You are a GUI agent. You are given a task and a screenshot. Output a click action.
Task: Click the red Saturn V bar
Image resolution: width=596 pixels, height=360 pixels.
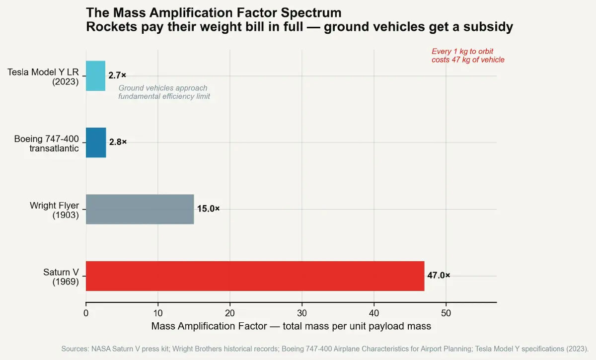(255, 276)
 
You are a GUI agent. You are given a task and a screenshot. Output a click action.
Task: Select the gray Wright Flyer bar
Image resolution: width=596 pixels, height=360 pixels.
(140, 209)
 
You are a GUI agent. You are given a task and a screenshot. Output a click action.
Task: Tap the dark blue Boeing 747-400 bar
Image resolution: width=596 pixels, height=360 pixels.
(96, 143)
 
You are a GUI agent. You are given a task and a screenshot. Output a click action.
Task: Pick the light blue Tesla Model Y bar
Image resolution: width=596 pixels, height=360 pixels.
(95, 75)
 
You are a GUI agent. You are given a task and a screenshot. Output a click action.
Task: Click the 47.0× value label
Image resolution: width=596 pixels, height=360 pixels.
(439, 276)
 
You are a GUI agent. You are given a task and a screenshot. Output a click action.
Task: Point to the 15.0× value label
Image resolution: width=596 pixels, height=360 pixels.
(208, 209)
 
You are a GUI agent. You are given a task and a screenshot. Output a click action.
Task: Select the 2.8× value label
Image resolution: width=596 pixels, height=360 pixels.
(118, 143)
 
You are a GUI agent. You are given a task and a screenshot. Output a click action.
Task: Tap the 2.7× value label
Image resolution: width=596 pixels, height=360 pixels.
(117, 75)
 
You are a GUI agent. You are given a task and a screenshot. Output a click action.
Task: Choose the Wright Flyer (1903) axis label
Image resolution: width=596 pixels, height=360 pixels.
(54, 210)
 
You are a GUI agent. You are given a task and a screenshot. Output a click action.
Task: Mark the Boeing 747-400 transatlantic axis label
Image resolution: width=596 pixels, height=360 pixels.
(46, 144)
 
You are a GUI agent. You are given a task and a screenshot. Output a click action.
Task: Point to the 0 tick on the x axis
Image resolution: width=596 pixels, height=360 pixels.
(86, 313)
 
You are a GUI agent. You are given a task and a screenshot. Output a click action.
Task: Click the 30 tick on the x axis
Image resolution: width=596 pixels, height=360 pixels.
(302, 313)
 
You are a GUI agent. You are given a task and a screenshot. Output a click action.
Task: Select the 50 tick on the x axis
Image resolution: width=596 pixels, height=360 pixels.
(446, 313)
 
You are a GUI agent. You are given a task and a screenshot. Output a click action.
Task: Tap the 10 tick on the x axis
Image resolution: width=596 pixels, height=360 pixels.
(158, 313)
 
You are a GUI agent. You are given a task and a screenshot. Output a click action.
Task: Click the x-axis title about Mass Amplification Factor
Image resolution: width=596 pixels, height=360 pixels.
(291, 326)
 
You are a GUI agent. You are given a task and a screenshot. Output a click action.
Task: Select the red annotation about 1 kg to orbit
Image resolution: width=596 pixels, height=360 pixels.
(467, 56)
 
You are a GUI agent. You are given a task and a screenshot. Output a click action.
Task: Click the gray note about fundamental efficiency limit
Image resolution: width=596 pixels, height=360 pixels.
(164, 92)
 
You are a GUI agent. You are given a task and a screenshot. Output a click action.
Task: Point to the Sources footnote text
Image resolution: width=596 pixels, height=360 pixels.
(325, 349)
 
